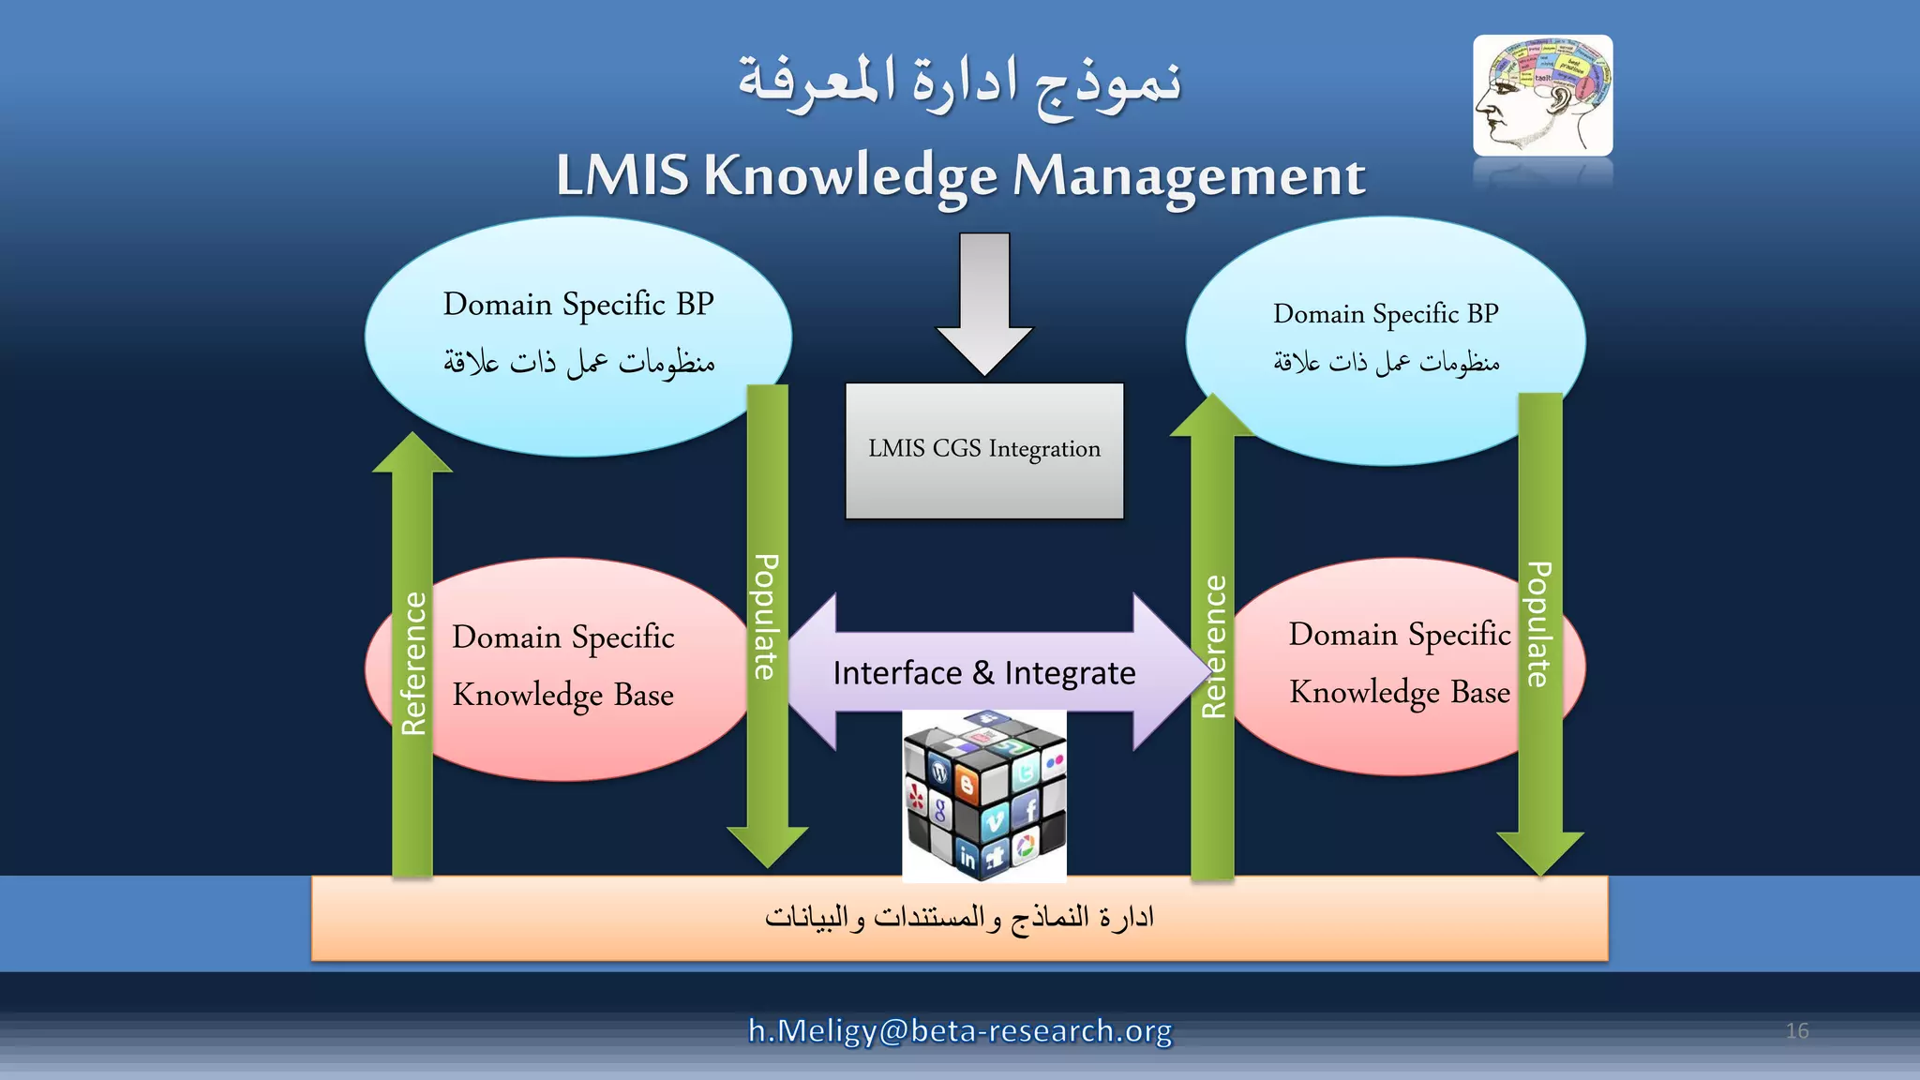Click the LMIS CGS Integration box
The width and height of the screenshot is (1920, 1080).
[984, 450]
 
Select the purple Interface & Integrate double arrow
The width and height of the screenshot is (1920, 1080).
[984, 672]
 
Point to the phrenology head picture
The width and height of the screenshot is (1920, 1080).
[1542, 96]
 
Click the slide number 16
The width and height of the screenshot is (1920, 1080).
[1796, 1030]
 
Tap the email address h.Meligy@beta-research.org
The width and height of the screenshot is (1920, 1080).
[960, 1030]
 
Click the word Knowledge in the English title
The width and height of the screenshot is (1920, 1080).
[850, 175]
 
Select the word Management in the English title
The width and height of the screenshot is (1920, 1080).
[1188, 175]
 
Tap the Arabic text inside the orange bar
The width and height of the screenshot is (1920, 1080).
[959, 917]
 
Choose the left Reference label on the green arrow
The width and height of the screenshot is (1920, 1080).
[413, 663]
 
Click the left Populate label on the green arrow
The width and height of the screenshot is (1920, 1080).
[766, 616]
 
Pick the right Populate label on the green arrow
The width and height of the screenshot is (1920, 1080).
[1538, 623]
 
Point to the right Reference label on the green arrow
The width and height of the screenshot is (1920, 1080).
[1213, 647]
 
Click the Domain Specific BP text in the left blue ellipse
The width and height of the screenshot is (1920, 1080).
[577, 305]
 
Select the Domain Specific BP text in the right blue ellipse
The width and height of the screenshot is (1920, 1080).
[1386, 314]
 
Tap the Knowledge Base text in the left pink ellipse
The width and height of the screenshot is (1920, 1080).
[562, 695]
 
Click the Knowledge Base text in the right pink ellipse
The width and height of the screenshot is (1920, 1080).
[1400, 692]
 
